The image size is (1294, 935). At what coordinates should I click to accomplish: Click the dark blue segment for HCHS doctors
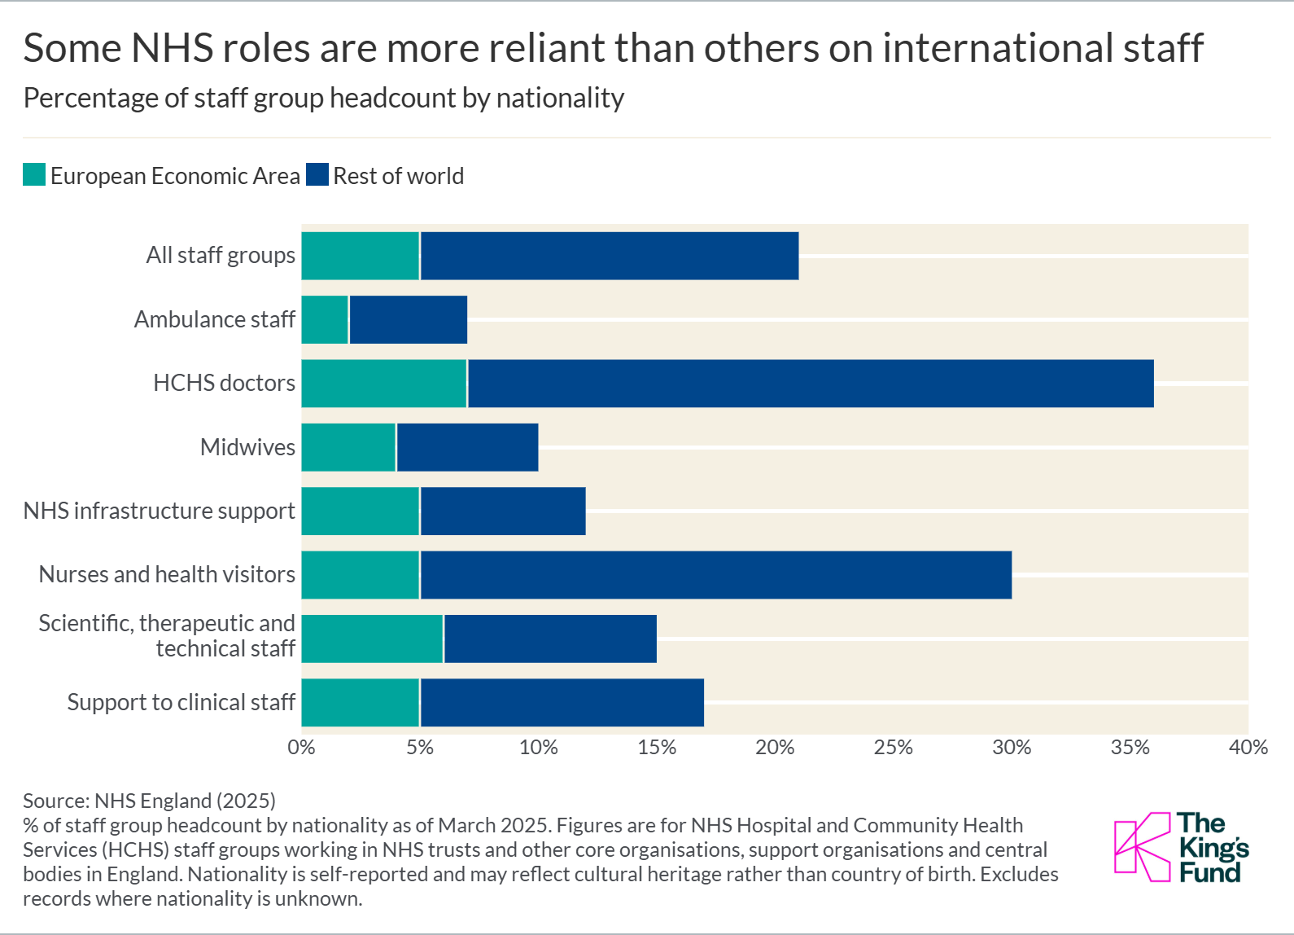coord(810,384)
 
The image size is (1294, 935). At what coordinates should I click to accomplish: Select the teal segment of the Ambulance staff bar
coord(325,319)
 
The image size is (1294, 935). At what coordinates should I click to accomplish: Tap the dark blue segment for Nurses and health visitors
coord(715,575)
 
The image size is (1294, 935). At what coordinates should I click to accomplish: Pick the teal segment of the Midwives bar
coord(348,447)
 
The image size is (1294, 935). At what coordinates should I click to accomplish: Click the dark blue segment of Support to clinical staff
coord(562,702)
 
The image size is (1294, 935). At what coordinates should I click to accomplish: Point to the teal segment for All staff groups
coord(360,256)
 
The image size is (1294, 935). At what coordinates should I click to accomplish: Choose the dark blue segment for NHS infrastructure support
coord(502,511)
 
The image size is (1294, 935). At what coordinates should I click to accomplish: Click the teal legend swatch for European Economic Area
coord(34,175)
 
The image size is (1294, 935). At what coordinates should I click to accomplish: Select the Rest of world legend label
coord(398,176)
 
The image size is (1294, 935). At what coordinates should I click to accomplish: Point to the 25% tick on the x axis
coord(893,748)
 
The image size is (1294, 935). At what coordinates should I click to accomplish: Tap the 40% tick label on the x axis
coord(1248,748)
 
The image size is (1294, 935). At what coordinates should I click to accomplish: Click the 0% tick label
coord(301,748)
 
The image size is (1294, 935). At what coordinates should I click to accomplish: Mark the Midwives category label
coord(247,447)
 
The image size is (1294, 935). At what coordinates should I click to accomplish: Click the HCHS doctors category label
coord(224,383)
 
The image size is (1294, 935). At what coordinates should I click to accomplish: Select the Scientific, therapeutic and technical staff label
coord(167,635)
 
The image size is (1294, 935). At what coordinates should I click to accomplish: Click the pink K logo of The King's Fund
coord(1141,847)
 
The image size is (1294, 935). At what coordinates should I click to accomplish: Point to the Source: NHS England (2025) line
coord(149,801)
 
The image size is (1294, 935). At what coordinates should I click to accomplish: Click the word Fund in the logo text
coord(1209,873)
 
